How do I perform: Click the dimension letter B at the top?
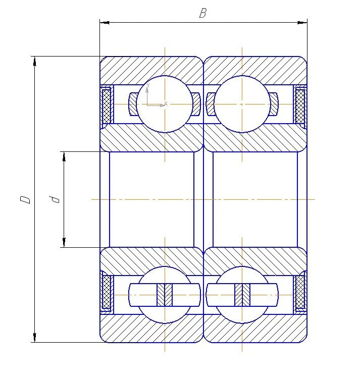point(202,14)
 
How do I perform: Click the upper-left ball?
point(165,104)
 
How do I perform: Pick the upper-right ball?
point(242,104)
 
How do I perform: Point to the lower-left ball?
point(165,295)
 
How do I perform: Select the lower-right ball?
point(242,295)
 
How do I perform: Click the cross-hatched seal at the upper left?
point(107,105)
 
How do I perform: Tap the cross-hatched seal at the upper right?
point(300,105)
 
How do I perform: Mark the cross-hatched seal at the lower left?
point(107,292)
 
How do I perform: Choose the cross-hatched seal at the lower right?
point(300,292)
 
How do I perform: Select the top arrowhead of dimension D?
point(35,61)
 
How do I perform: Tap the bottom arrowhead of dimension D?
point(35,338)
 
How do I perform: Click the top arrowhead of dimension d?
point(64,156)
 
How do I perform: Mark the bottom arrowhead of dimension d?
point(64,243)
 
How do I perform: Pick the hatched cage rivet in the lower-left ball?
point(165,295)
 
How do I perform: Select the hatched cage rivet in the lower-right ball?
point(242,295)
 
